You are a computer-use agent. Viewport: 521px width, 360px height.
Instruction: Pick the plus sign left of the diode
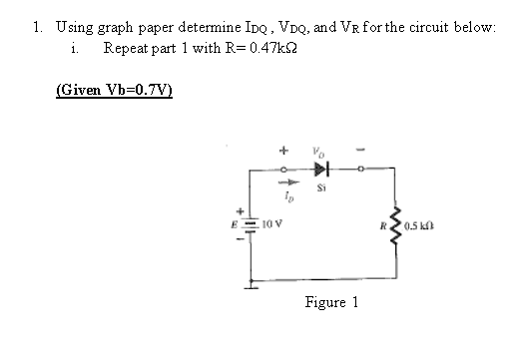(283, 154)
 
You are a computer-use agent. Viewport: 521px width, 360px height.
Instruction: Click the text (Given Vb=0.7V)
(114, 89)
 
